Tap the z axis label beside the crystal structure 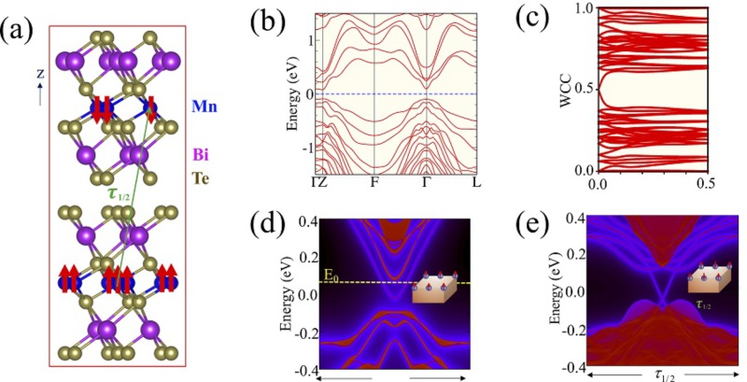click(x=39, y=72)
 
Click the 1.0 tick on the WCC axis click(x=583, y=8)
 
